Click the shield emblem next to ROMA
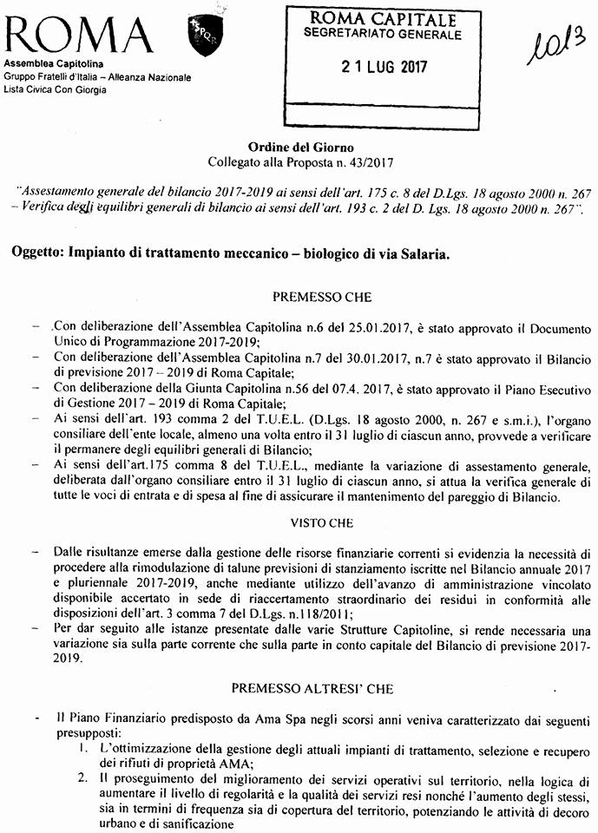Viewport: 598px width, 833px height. [201, 40]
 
